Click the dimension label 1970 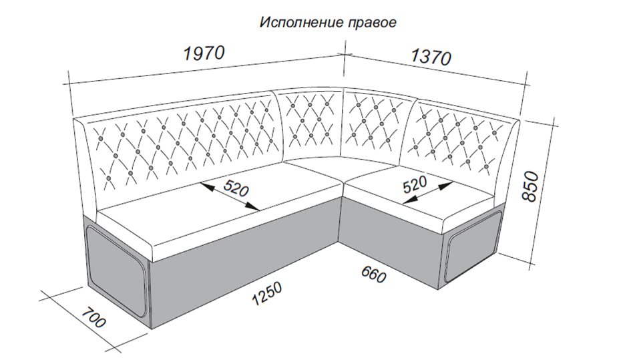204,53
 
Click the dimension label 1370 431,57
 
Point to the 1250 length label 268,293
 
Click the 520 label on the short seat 415,184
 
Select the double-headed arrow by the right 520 428,192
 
